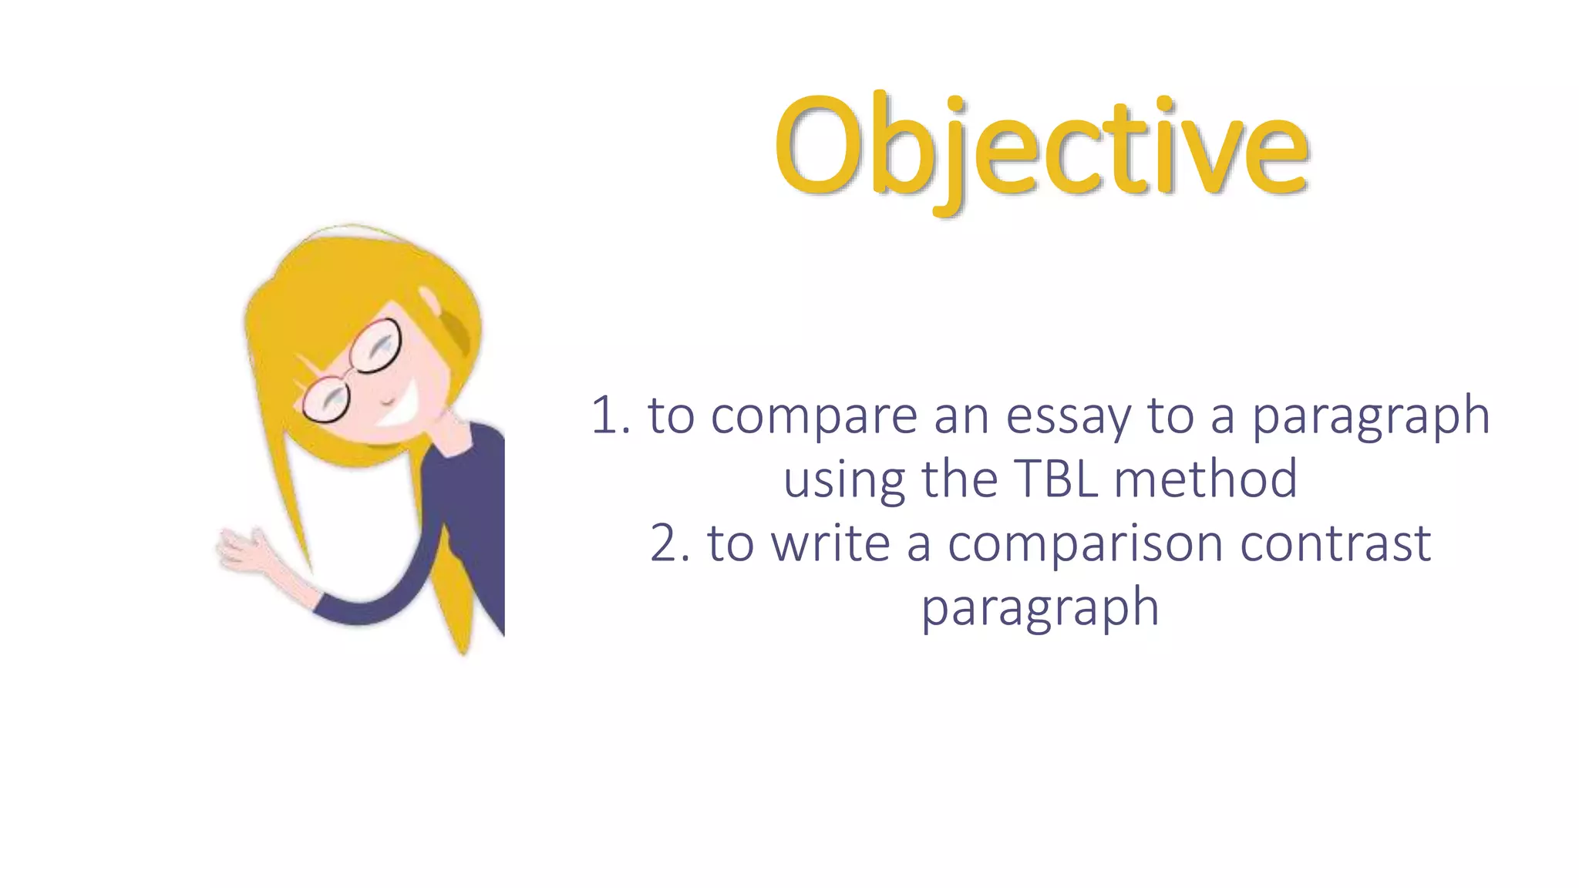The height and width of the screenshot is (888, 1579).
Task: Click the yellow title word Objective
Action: point(1041,146)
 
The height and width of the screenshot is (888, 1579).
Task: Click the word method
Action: point(1206,479)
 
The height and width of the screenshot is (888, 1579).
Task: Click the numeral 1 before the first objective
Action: point(605,416)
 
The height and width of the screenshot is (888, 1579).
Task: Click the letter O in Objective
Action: point(818,146)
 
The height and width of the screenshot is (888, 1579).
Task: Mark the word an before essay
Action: point(961,416)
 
